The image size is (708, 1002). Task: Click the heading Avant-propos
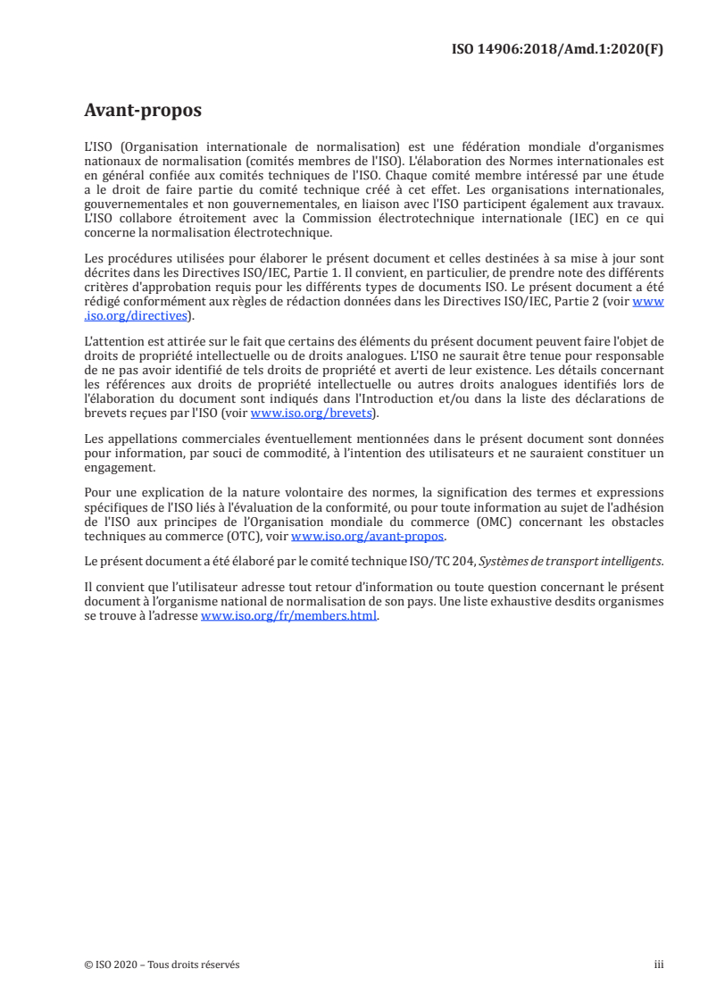click(142, 111)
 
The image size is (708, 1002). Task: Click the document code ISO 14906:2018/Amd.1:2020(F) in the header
click(559, 49)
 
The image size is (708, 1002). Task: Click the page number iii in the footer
click(659, 964)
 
